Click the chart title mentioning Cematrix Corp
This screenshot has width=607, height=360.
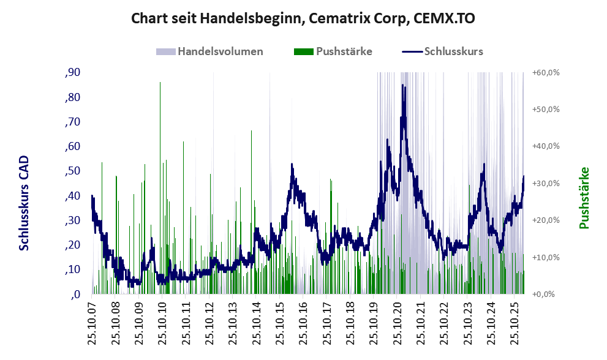click(303, 19)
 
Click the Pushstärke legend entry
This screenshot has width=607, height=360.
click(344, 51)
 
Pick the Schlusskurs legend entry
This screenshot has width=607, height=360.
click(453, 51)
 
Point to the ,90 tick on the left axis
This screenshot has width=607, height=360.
click(72, 73)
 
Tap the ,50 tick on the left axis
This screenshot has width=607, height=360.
click(72, 171)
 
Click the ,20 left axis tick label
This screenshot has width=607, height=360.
click(72, 245)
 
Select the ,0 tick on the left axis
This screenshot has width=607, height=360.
click(76, 294)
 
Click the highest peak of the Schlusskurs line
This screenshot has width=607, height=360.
click(402, 86)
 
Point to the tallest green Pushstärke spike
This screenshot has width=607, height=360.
click(160, 83)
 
